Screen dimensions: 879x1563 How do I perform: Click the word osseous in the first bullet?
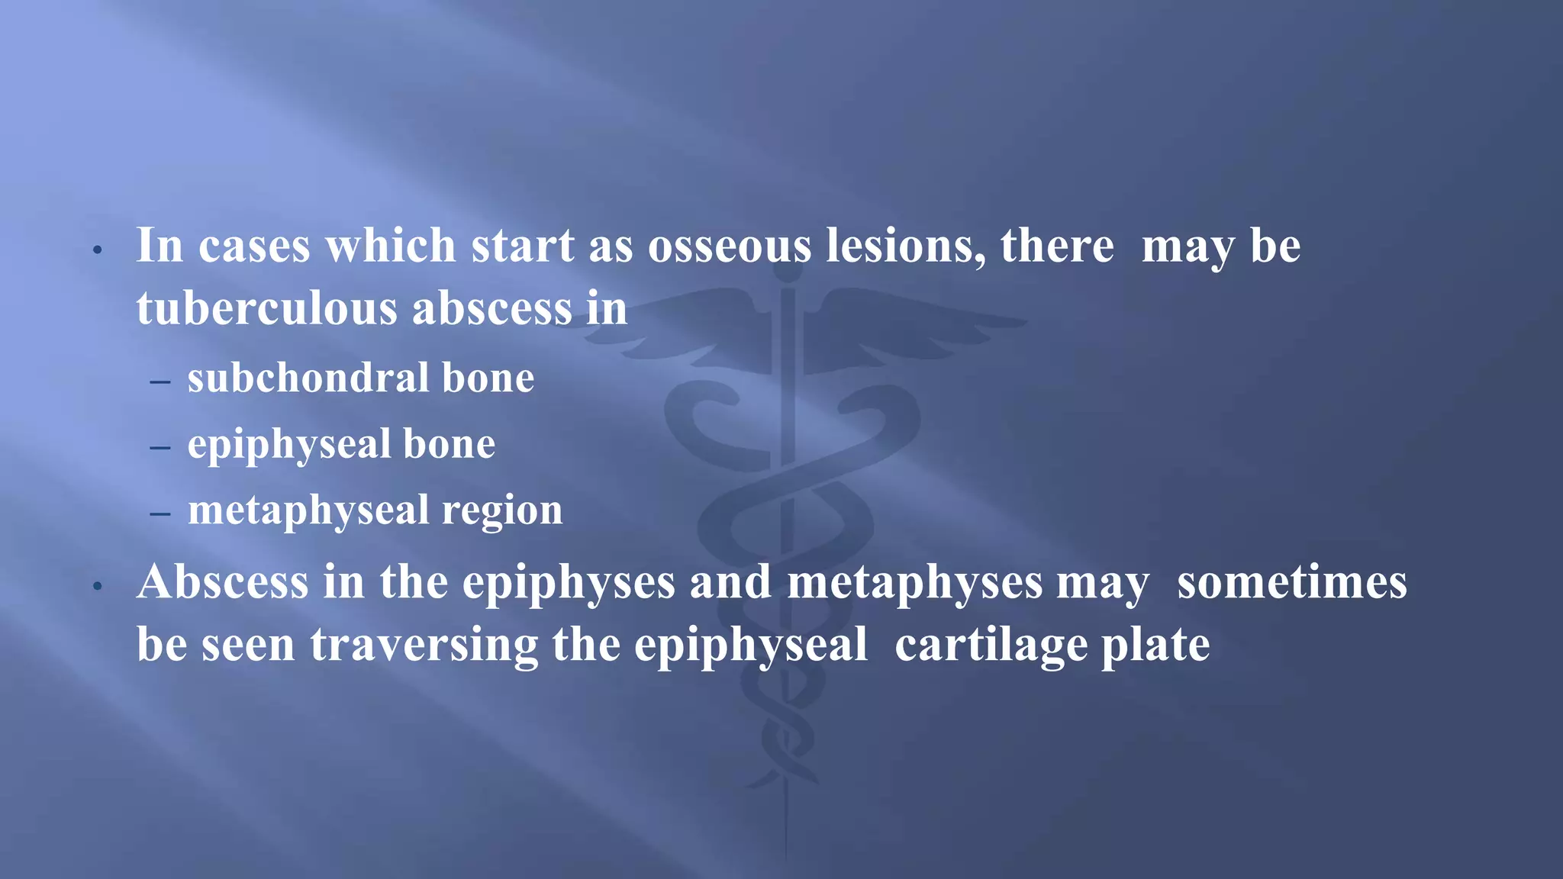[x=730, y=247]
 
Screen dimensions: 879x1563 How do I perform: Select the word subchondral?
[x=308, y=378]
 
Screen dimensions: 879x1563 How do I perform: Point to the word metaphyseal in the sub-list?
[x=308, y=510]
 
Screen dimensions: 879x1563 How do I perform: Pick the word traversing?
[x=424, y=646]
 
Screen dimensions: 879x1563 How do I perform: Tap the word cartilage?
[x=991, y=646]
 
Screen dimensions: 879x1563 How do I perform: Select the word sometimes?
[x=1291, y=583]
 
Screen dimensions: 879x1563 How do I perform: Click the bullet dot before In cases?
[x=97, y=250]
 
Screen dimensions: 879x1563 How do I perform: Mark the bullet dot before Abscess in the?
[x=97, y=587]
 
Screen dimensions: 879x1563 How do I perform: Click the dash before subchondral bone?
[x=160, y=380]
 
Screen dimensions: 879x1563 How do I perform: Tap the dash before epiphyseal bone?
[x=160, y=446]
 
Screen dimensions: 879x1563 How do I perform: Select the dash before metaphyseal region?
[x=160, y=513]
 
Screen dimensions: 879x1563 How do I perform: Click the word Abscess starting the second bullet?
[x=223, y=583]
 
